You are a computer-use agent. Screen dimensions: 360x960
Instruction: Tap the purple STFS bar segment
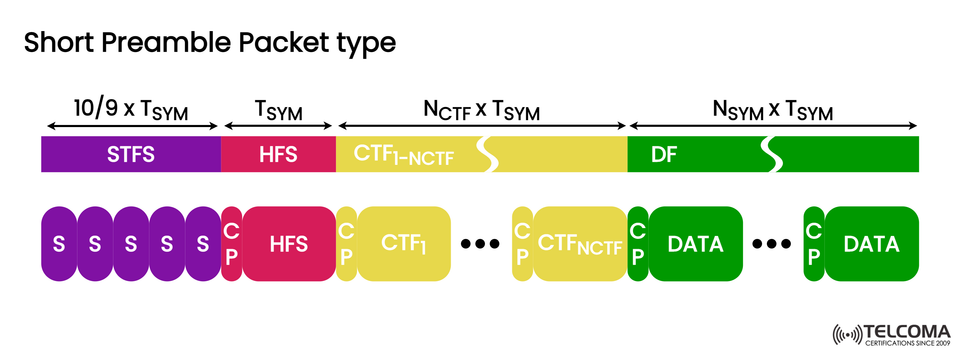pos(130,155)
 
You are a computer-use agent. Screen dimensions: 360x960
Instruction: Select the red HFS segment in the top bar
pos(278,155)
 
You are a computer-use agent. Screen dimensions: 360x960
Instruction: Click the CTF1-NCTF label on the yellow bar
pos(391,155)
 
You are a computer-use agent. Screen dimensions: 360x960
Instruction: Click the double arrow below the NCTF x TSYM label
pos(482,127)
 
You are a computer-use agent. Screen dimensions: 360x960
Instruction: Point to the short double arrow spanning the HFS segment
pos(278,127)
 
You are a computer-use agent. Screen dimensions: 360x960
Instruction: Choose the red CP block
pos(231,244)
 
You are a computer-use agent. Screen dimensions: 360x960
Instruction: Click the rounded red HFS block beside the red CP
pos(288,244)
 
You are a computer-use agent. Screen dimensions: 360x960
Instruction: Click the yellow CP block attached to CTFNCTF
pos(522,244)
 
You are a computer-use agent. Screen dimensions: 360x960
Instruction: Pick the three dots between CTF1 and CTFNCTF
pos(479,244)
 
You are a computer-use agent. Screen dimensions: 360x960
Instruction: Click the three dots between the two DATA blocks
pos(770,244)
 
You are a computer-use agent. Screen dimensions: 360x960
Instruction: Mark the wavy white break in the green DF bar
pos(770,155)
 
